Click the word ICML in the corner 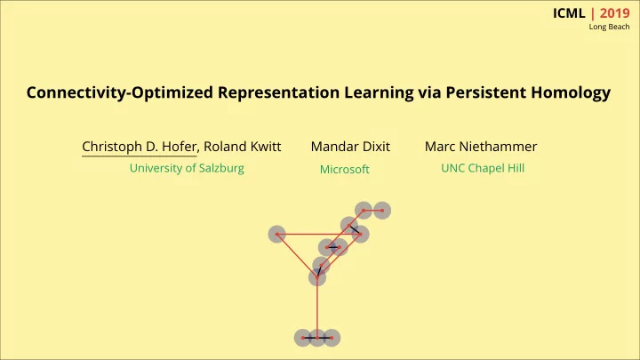click(x=569, y=13)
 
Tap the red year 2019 click(x=615, y=13)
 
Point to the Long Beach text click(x=609, y=27)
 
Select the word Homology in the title click(x=571, y=93)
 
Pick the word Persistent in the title click(x=485, y=92)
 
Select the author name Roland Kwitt click(x=243, y=147)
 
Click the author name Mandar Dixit click(x=350, y=147)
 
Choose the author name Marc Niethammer click(x=481, y=147)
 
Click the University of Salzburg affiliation click(x=187, y=168)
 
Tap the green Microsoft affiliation click(x=345, y=170)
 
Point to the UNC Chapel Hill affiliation click(x=483, y=168)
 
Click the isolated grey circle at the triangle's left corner click(x=277, y=235)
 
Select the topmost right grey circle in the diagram click(x=382, y=211)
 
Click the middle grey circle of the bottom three click(x=317, y=338)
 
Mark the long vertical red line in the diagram click(x=317, y=308)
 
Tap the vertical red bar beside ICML click(x=593, y=13)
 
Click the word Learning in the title click(x=379, y=93)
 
